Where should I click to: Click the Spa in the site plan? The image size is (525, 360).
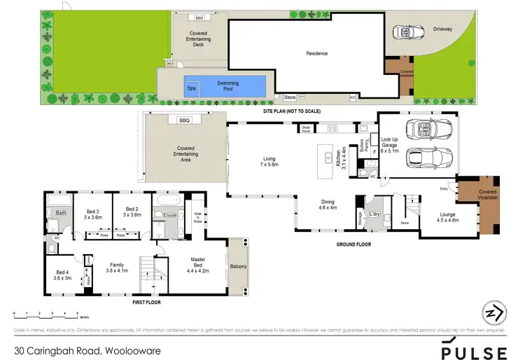point(191,88)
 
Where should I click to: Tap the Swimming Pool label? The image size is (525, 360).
point(227,85)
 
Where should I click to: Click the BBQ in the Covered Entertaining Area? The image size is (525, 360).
point(185,120)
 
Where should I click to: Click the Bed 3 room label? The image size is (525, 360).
point(92,214)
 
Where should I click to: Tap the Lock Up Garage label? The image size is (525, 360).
point(389,144)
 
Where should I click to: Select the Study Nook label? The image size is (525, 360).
point(306,129)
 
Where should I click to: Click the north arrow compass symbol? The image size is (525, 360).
point(493,314)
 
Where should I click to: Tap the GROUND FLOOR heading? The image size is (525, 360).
point(355,244)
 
